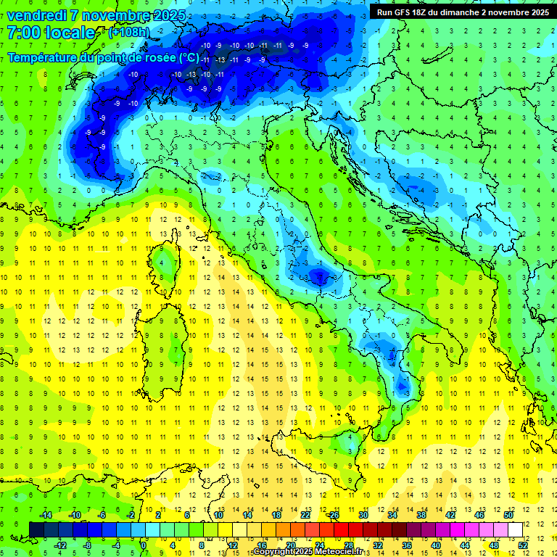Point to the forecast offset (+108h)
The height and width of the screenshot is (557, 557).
click(x=128, y=33)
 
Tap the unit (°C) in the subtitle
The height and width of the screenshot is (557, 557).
click(x=188, y=57)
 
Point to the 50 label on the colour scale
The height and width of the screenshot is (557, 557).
click(x=508, y=515)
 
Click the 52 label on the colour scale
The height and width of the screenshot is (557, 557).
click(x=523, y=545)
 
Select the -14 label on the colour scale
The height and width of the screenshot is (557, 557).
click(x=45, y=515)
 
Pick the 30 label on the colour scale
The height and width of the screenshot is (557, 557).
click(x=363, y=515)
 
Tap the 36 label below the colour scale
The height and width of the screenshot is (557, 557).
click(x=407, y=545)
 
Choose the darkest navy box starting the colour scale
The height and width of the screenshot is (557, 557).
click(x=36, y=529)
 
